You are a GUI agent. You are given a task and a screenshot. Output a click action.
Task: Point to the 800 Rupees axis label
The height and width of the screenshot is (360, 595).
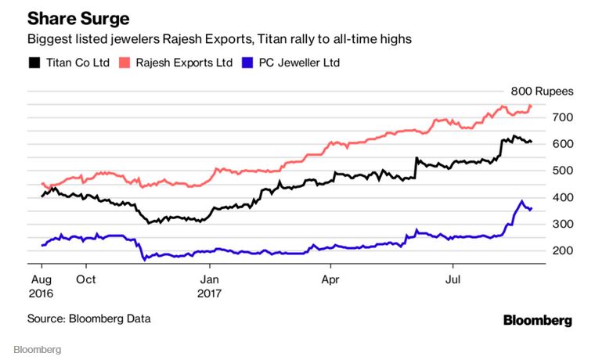coord(542,91)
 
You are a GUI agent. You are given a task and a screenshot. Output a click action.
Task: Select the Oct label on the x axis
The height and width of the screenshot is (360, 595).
coord(86,278)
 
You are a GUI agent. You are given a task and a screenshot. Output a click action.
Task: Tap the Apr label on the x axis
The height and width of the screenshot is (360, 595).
coord(330,278)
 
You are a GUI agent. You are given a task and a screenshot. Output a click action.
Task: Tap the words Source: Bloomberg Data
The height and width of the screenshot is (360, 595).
coord(89,319)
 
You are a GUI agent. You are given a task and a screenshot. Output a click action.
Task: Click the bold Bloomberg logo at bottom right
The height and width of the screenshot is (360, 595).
coord(537,320)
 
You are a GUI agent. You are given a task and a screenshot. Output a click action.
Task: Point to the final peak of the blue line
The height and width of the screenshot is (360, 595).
coord(521,201)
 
